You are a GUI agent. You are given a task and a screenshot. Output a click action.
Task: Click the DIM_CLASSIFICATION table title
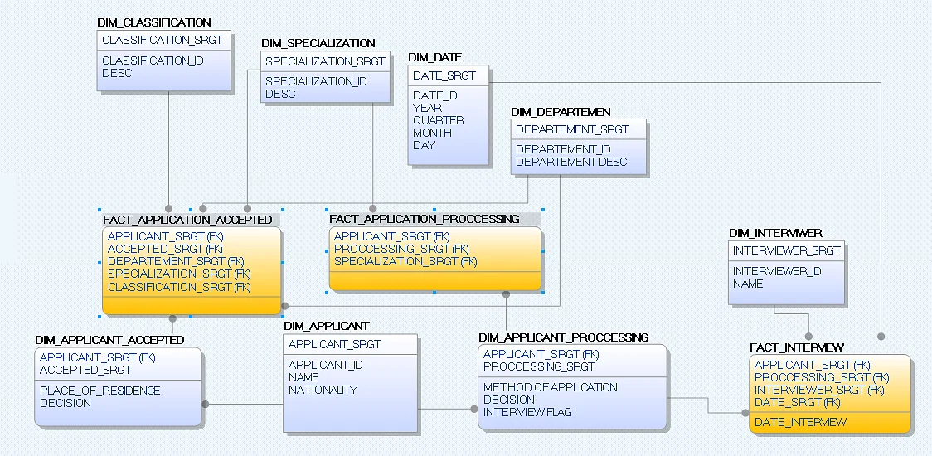pos(154,22)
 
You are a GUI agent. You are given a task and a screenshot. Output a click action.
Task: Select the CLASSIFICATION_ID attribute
pos(153,61)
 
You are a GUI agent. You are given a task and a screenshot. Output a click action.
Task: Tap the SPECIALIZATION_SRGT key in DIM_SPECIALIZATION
pos(325,61)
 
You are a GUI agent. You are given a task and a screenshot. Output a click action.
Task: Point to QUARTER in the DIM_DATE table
pos(439,120)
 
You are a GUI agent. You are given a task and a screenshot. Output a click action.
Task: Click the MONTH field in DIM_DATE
pos(432,133)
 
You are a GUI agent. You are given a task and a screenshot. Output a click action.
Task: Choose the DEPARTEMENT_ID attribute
pos(563,149)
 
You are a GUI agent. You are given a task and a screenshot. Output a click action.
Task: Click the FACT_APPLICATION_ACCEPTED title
pos(187,220)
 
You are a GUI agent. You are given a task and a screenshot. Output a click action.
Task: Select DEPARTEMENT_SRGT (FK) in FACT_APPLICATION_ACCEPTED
pos(176,261)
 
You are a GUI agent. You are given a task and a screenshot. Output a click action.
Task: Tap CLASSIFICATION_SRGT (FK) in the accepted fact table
pos(179,287)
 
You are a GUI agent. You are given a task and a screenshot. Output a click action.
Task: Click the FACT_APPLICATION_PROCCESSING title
pos(425,219)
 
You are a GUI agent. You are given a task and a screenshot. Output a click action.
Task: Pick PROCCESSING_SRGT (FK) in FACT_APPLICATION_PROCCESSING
pos(401,249)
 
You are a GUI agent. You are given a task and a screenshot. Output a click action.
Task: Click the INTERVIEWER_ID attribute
pos(777,271)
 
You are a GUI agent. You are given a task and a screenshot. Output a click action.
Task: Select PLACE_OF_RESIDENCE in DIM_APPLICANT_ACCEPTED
pos(100,391)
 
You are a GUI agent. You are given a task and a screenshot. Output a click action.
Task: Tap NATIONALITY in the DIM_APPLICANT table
pos(323,390)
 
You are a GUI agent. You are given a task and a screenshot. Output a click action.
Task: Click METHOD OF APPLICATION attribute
pos(551,387)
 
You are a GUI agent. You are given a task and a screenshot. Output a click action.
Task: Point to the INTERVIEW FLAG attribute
pos(527,412)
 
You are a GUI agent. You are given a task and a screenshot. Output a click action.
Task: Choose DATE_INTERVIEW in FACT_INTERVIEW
pos(801,422)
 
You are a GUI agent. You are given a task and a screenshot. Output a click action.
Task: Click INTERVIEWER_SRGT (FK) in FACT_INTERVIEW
pos(819,390)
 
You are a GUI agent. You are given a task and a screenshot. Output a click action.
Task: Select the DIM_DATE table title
pos(435,57)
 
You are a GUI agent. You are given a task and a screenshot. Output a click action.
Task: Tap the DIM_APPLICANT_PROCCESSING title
pos(564,337)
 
